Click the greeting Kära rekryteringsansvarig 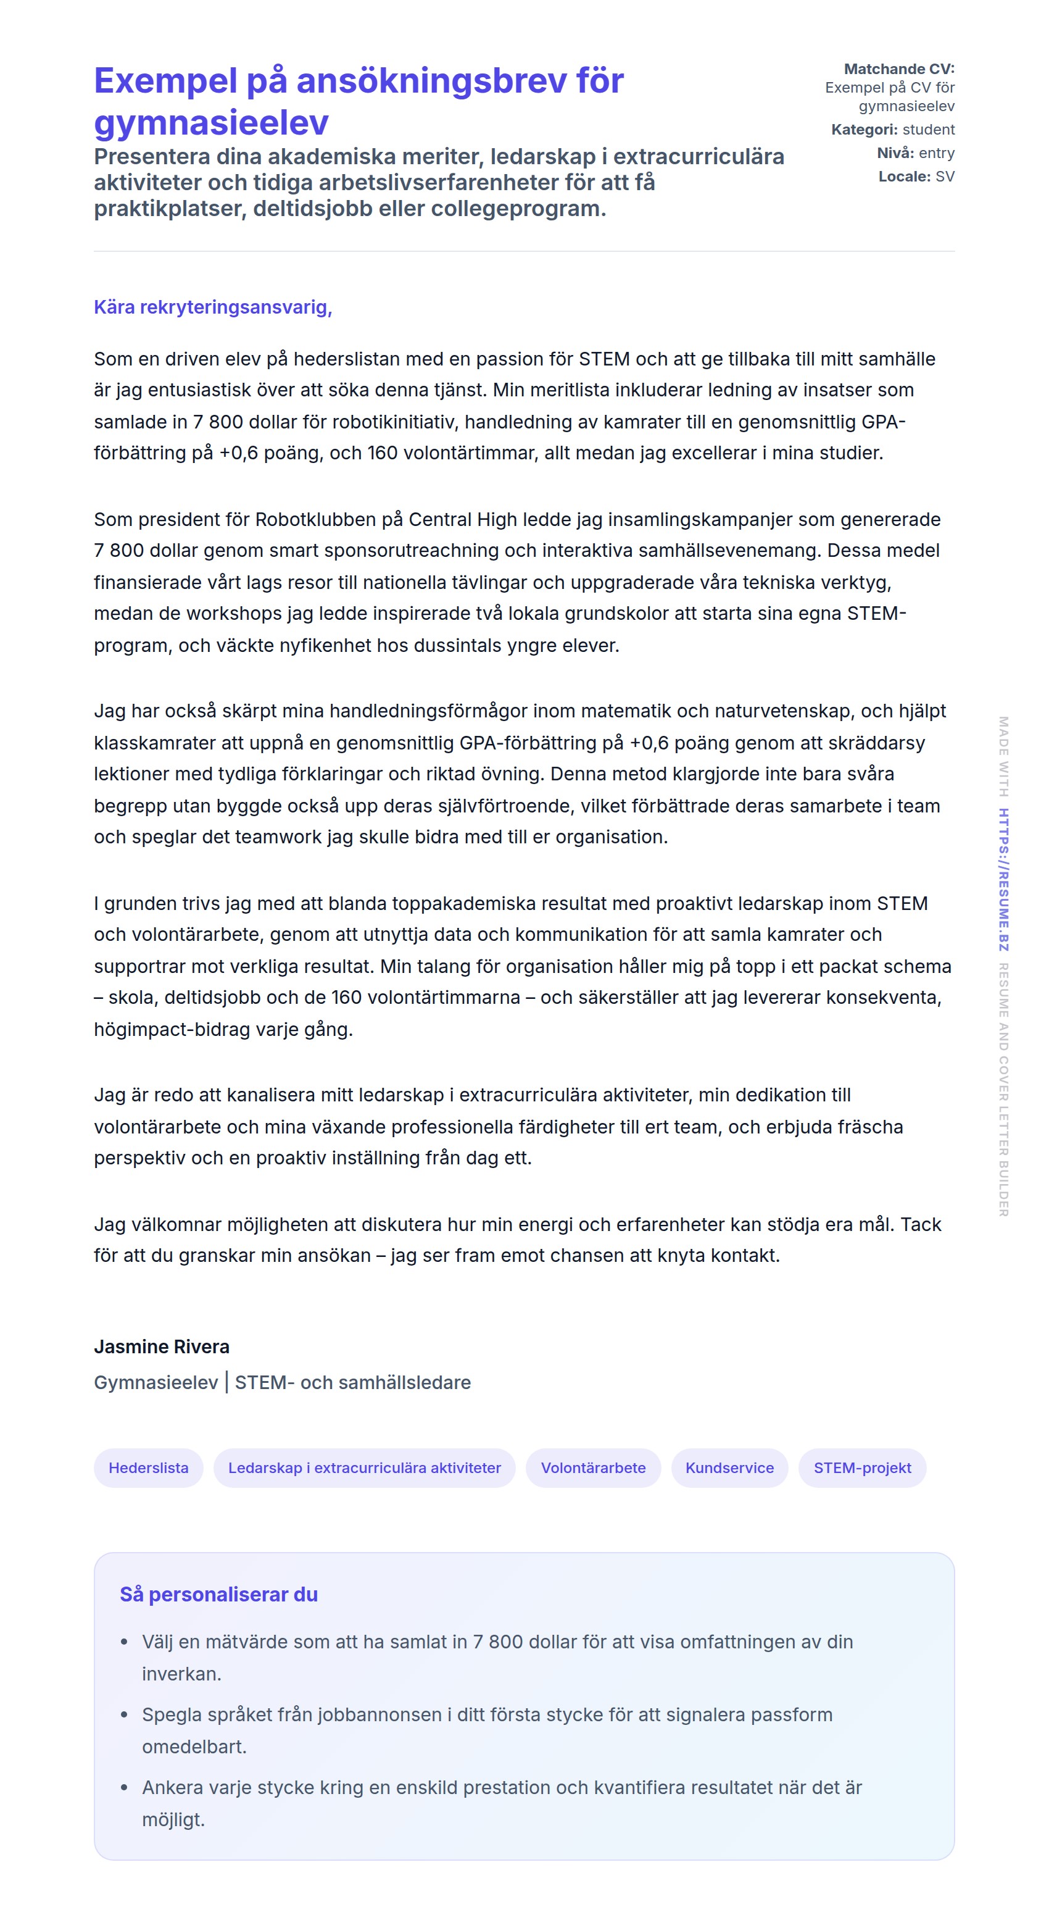(x=212, y=307)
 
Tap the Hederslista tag (x=148, y=1467)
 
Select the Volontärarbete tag (x=592, y=1467)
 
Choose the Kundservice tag (x=729, y=1467)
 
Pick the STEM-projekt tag (x=861, y=1467)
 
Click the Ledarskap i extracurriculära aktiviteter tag (x=363, y=1467)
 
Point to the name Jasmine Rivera (x=162, y=1346)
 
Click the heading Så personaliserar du (x=218, y=1594)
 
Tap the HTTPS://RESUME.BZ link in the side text (x=1003, y=880)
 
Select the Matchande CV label (x=898, y=69)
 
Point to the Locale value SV (x=945, y=177)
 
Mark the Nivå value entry (x=937, y=152)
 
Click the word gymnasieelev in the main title (x=211, y=123)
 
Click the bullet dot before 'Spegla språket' (x=125, y=1715)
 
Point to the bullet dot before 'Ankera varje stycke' (x=125, y=1787)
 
